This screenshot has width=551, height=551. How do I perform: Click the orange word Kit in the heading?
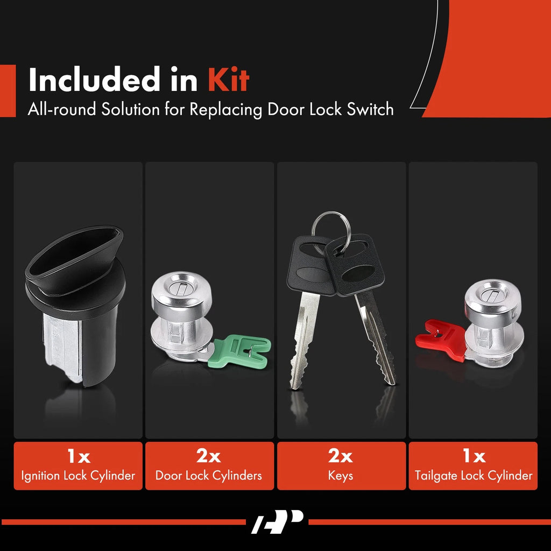point(228,80)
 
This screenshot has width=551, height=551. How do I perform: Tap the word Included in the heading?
point(94,80)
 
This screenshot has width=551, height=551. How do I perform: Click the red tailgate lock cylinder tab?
point(441,339)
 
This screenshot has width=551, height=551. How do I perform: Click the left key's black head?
point(310,265)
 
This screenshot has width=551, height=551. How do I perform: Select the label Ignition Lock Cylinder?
point(78,476)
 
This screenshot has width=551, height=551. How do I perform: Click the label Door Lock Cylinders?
point(209,476)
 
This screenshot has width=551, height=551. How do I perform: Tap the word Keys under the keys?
point(341,476)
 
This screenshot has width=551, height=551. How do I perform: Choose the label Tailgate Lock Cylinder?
point(474,476)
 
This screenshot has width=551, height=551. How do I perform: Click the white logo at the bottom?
point(277,521)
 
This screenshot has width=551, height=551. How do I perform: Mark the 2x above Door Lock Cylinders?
point(209,456)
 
